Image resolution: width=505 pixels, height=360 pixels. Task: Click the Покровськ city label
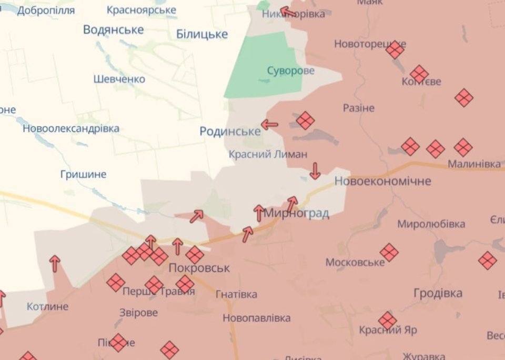199,268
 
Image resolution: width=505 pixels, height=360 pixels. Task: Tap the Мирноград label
296,213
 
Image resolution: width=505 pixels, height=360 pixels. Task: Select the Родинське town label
230,131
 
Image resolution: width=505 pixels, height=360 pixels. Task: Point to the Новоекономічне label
382,181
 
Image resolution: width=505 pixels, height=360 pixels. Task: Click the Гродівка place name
438,293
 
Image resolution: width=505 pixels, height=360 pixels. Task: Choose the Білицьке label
202,34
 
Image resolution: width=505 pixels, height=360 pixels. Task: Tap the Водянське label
113,29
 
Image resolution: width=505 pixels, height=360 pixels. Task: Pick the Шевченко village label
119,79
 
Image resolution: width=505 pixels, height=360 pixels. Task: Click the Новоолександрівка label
70,128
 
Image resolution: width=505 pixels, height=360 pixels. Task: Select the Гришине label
83,174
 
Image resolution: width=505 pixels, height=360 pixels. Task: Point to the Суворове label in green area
290,71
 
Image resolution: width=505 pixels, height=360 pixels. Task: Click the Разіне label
359,108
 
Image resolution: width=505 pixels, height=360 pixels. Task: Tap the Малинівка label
474,164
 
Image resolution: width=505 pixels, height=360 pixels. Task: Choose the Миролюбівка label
431,224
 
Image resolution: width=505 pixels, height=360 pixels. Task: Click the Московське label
355,262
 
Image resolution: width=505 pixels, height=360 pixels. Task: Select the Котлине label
47,306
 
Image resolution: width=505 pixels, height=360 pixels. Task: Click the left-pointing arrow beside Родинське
269,125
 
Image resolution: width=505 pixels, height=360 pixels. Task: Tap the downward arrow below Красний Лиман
315,171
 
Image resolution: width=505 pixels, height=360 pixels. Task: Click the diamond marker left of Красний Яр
388,321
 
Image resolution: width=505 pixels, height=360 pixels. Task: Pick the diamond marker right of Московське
389,252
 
